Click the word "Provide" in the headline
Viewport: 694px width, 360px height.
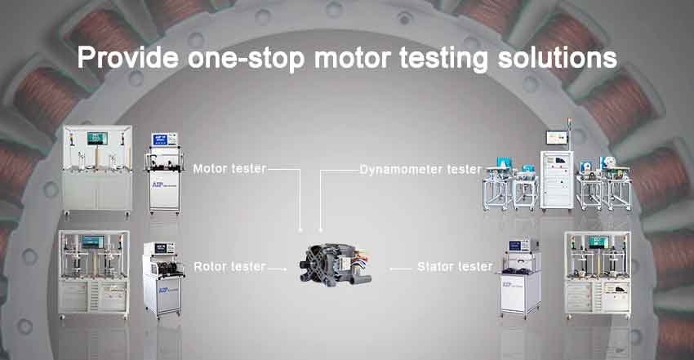(x=128, y=57)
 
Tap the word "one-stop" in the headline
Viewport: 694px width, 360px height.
(x=247, y=58)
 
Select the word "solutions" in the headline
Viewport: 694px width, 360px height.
(x=557, y=57)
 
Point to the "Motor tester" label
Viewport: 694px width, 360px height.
(x=229, y=168)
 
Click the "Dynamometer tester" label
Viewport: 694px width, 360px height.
(x=420, y=169)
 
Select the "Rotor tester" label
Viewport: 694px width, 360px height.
(x=229, y=266)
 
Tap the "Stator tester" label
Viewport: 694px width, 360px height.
(x=455, y=266)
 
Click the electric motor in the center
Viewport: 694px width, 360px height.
(x=336, y=265)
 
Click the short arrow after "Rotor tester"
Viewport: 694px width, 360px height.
(x=278, y=269)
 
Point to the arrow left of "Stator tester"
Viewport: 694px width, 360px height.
(x=400, y=269)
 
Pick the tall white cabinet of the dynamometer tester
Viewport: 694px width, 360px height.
(x=557, y=179)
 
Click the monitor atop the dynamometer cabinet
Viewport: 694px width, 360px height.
(x=557, y=137)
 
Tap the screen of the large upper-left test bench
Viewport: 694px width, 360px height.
(x=97, y=139)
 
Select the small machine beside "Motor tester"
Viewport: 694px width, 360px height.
(x=164, y=173)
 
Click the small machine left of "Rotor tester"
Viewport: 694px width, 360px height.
(x=162, y=279)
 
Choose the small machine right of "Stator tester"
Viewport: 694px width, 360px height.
(x=520, y=278)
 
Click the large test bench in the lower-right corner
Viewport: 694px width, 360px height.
(x=598, y=274)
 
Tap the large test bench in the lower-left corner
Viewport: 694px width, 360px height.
(x=94, y=274)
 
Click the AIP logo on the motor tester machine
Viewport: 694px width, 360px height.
(x=157, y=184)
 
